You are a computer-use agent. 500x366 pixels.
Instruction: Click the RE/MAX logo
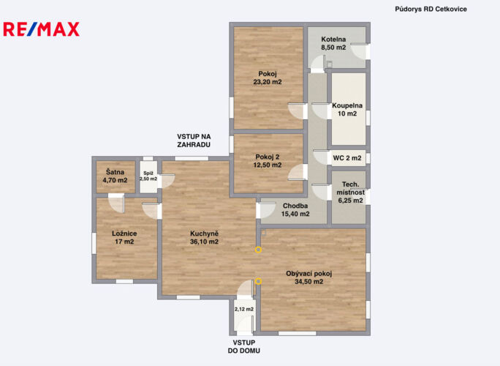tap(41, 29)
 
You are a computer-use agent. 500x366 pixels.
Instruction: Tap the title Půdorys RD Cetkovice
tap(431, 10)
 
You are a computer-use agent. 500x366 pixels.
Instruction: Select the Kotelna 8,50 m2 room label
tap(333, 43)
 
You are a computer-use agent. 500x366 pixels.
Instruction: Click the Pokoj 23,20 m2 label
tap(268, 78)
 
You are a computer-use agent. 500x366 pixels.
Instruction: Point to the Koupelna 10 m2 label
tap(347, 110)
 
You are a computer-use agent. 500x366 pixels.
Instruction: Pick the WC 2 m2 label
tap(347, 158)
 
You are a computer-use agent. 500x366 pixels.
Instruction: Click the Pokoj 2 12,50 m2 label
tap(268, 161)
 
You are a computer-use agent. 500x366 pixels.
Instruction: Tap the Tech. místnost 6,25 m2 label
tap(350, 193)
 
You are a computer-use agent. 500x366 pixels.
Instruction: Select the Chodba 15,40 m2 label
tap(295, 210)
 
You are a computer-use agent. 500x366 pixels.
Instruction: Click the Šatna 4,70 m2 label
tap(115, 176)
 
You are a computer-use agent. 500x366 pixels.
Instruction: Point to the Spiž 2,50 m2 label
tap(148, 176)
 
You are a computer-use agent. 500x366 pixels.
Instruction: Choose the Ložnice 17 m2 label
tap(124, 238)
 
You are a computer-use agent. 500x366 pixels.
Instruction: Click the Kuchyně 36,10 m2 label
tap(205, 238)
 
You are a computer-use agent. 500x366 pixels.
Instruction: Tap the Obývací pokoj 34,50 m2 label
tap(309, 277)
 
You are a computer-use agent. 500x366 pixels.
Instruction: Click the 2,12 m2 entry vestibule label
tap(244, 309)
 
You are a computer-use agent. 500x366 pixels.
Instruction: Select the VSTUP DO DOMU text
tap(244, 346)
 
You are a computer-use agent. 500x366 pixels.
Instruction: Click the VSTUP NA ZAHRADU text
tap(194, 141)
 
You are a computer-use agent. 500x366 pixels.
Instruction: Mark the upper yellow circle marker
tap(258, 250)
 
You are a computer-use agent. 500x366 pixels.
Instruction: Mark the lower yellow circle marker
tap(258, 281)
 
